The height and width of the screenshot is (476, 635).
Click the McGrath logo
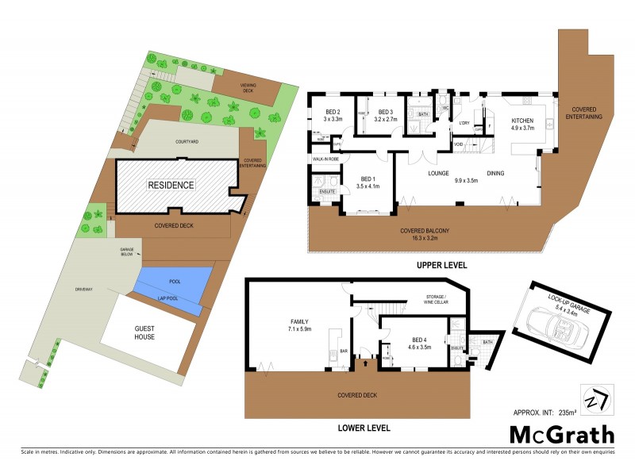pyautogui.click(x=562, y=434)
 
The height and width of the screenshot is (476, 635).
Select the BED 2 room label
pyautogui.click(x=333, y=112)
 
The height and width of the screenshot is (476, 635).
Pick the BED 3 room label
pyautogui.click(x=387, y=112)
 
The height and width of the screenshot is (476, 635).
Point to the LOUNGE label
pyautogui.click(x=439, y=173)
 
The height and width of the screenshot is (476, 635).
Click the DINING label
pyautogui.click(x=496, y=173)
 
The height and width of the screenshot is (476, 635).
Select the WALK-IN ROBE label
pyautogui.click(x=326, y=159)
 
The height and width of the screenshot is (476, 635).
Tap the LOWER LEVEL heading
pyautogui.click(x=364, y=428)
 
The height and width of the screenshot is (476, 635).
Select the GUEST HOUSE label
pyautogui.click(x=144, y=332)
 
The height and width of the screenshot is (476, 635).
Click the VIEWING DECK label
pyautogui.click(x=253, y=87)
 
